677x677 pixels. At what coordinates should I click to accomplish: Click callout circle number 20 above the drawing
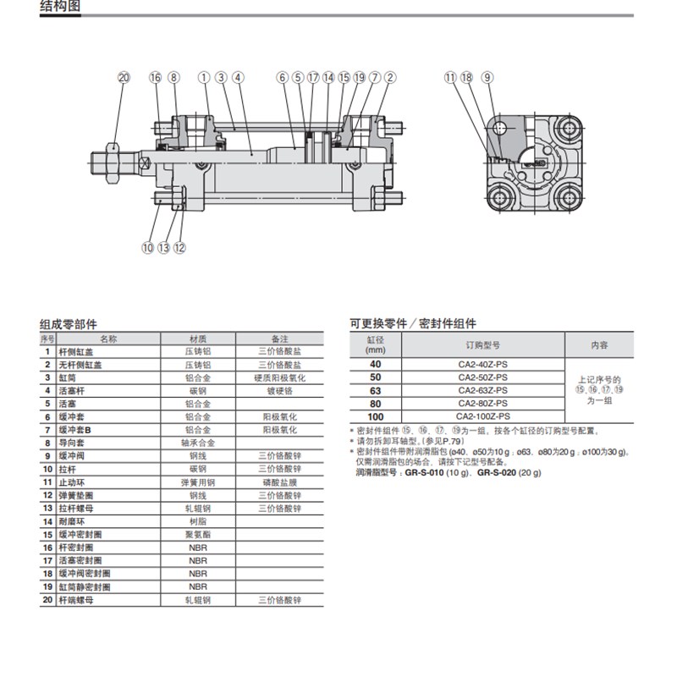[124, 78]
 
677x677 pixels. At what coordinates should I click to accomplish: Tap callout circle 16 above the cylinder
[155, 78]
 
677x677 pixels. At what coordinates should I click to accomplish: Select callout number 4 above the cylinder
[239, 78]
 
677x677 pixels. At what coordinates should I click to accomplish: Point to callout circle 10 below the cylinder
[148, 248]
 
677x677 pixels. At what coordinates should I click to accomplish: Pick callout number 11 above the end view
[449, 78]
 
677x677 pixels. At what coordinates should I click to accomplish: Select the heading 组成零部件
[69, 324]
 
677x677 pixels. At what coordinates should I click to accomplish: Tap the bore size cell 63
[376, 390]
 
